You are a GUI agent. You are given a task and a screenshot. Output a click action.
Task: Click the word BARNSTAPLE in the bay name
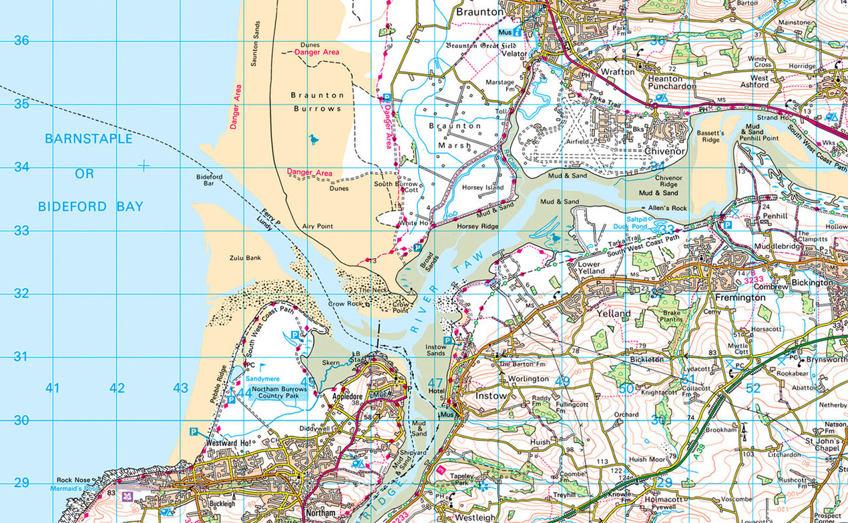coord(89,139)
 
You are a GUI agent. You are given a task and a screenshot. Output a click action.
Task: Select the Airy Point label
coord(317,227)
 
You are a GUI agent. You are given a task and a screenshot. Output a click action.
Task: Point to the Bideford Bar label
coord(209,179)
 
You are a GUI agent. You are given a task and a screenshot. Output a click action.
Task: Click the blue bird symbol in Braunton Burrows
coord(313,139)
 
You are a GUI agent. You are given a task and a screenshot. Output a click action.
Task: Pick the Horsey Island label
coord(482,187)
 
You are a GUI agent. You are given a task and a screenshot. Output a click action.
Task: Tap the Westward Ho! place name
coord(229,442)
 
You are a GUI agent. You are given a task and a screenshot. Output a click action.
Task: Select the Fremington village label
coord(740,298)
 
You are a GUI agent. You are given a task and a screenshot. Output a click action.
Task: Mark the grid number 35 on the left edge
coord(22,104)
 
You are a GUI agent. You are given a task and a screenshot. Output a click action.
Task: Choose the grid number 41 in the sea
coord(53,388)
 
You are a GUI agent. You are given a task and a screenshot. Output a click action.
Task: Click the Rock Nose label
coord(73,480)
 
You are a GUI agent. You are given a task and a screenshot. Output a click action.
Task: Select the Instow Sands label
coord(435,350)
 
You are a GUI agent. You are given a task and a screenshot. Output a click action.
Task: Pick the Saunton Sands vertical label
coord(254,43)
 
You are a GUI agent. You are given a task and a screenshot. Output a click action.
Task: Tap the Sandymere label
coord(261,378)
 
